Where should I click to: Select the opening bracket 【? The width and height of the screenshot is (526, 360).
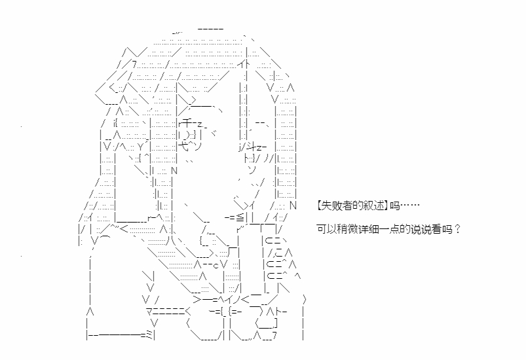point(320,206)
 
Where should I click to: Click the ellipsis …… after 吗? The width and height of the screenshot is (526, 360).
point(410,206)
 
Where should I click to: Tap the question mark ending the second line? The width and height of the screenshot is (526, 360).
point(457,230)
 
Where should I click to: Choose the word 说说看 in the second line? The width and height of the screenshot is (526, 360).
point(417,230)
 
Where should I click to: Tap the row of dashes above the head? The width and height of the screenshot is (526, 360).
point(210,29)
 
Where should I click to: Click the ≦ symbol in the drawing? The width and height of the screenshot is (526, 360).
point(240,218)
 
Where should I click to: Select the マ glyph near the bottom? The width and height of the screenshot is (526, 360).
point(150,311)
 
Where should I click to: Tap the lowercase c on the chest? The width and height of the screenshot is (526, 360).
point(216,266)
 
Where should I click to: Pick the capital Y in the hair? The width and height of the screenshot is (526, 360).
point(140,146)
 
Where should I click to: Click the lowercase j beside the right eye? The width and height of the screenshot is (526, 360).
point(240,147)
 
